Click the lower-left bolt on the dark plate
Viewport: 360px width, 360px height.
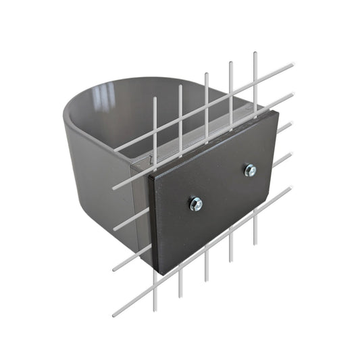click(x=196, y=203)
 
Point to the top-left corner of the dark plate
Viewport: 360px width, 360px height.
click(x=149, y=170)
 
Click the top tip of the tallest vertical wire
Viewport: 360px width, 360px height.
click(x=255, y=53)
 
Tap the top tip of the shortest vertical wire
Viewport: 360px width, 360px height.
click(x=155, y=98)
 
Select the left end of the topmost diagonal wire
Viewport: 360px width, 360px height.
click(x=113, y=150)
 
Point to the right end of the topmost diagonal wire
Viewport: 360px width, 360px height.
click(x=294, y=65)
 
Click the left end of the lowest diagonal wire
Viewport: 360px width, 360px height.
click(x=113, y=315)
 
